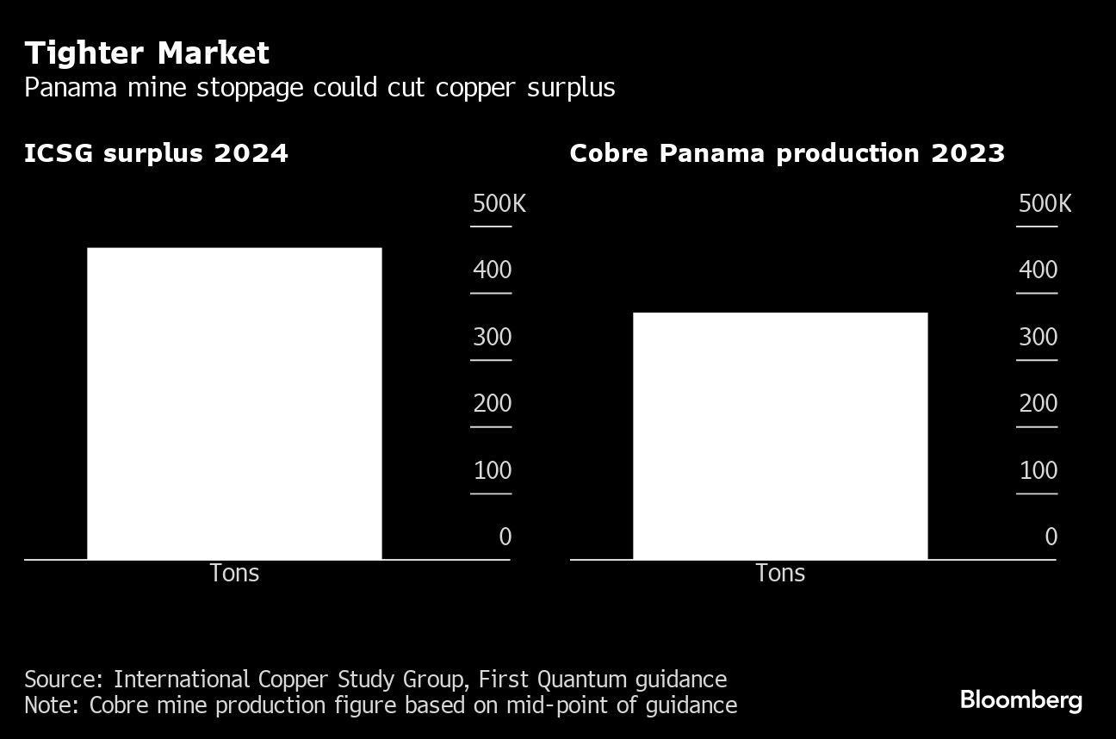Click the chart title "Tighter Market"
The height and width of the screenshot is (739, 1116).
click(x=146, y=53)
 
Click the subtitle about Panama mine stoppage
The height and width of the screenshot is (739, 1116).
click(x=319, y=88)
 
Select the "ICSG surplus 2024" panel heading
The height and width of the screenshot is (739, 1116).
click(x=156, y=153)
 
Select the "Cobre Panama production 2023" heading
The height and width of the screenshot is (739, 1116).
click(x=787, y=153)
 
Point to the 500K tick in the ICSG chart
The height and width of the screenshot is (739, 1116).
click(x=499, y=204)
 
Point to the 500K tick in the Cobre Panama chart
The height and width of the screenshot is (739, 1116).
click(x=1045, y=204)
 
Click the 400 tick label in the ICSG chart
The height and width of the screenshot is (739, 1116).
click(x=492, y=270)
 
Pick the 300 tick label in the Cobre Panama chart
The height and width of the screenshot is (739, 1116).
click(x=1038, y=337)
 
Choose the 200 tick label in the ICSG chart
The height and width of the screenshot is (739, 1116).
click(x=492, y=403)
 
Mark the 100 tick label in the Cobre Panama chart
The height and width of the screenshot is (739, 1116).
click(x=1038, y=470)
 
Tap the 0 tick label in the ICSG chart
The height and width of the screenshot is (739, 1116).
click(x=505, y=537)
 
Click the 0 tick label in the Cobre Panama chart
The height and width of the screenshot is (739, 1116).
click(x=1051, y=537)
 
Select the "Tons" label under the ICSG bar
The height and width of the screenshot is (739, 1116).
click(x=234, y=573)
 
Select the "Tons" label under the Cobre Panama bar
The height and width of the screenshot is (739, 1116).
click(x=780, y=573)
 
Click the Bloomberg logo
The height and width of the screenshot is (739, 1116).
click(x=1020, y=699)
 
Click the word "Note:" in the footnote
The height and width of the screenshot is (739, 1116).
click(x=53, y=705)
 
